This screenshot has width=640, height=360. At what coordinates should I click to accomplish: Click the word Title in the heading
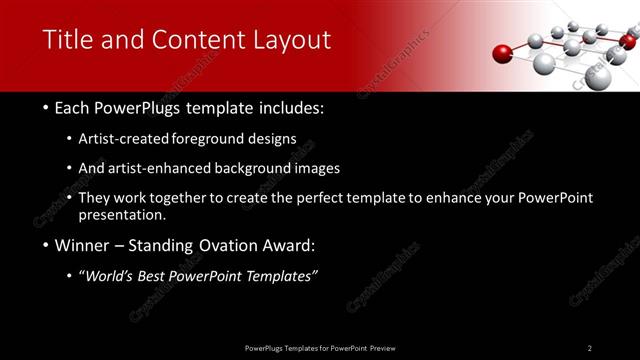point(67,40)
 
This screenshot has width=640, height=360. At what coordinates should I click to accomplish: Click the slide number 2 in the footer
point(589,348)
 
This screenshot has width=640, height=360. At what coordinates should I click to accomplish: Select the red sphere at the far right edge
point(628,41)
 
